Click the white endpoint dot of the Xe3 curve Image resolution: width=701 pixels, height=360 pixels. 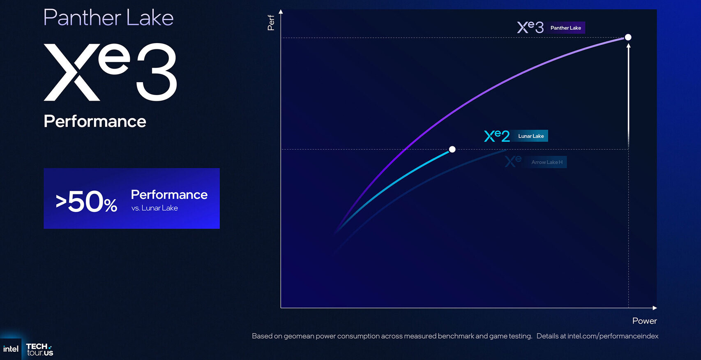point(628,37)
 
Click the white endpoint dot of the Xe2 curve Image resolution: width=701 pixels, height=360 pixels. point(452,149)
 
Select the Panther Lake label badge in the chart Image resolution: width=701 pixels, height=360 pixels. point(565,28)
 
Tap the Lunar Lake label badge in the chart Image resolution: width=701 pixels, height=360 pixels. point(531,136)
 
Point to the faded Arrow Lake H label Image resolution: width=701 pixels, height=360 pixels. point(547,162)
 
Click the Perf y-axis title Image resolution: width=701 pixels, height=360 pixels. point(271,23)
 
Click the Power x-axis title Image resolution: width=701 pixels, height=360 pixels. point(644,321)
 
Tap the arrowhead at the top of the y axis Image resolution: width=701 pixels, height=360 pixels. point(281,12)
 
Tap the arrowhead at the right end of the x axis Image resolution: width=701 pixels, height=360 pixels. point(655,308)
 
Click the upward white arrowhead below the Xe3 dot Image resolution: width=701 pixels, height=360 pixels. point(628,46)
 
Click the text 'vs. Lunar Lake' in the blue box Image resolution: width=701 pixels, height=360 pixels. point(154,208)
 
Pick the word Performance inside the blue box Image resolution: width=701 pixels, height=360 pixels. point(169,195)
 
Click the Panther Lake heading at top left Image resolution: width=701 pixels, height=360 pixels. point(108,18)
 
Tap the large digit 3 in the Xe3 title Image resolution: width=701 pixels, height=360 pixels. point(156,72)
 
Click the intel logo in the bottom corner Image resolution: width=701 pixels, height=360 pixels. point(11,349)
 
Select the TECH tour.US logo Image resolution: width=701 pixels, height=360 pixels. point(40,349)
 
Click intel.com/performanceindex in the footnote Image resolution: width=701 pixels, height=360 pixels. point(613,336)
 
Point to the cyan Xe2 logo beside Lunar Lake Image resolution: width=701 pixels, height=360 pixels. point(497,136)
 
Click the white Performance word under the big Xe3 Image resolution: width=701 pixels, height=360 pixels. point(95,121)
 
